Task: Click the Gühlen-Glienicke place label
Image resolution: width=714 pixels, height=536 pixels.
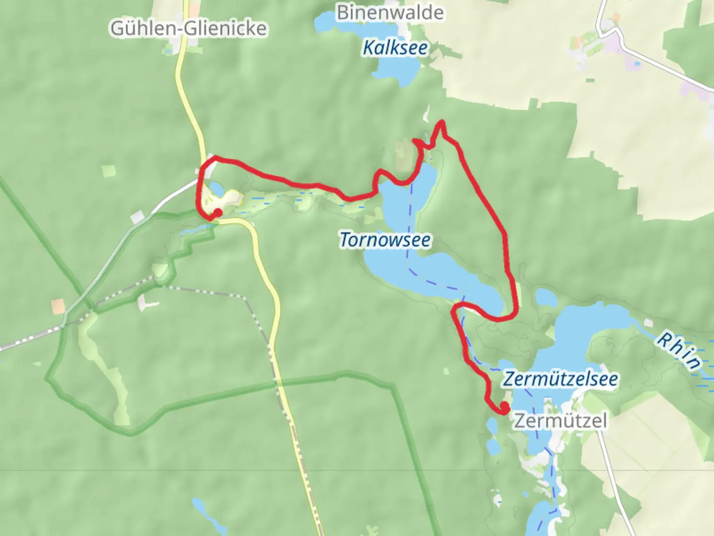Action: [x=188, y=28]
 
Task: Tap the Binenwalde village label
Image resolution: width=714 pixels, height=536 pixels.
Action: [x=390, y=12]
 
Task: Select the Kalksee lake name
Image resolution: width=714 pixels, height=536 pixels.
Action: [x=395, y=48]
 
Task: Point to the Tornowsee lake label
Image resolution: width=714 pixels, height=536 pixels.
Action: [x=385, y=240]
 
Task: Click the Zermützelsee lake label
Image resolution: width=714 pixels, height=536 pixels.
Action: [x=560, y=379]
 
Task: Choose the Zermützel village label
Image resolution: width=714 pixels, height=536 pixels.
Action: [x=560, y=421]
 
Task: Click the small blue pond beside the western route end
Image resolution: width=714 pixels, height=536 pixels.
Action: [x=216, y=188]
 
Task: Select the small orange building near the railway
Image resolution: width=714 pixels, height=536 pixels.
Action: [x=59, y=306]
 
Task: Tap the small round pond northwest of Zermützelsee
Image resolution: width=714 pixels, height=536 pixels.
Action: [x=546, y=297]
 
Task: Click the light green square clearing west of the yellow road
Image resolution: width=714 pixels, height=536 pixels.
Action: [x=109, y=171]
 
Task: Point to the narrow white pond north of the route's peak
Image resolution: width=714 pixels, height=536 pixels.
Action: [x=426, y=115]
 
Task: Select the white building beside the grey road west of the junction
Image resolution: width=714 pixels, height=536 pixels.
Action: [x=137, y=217]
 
